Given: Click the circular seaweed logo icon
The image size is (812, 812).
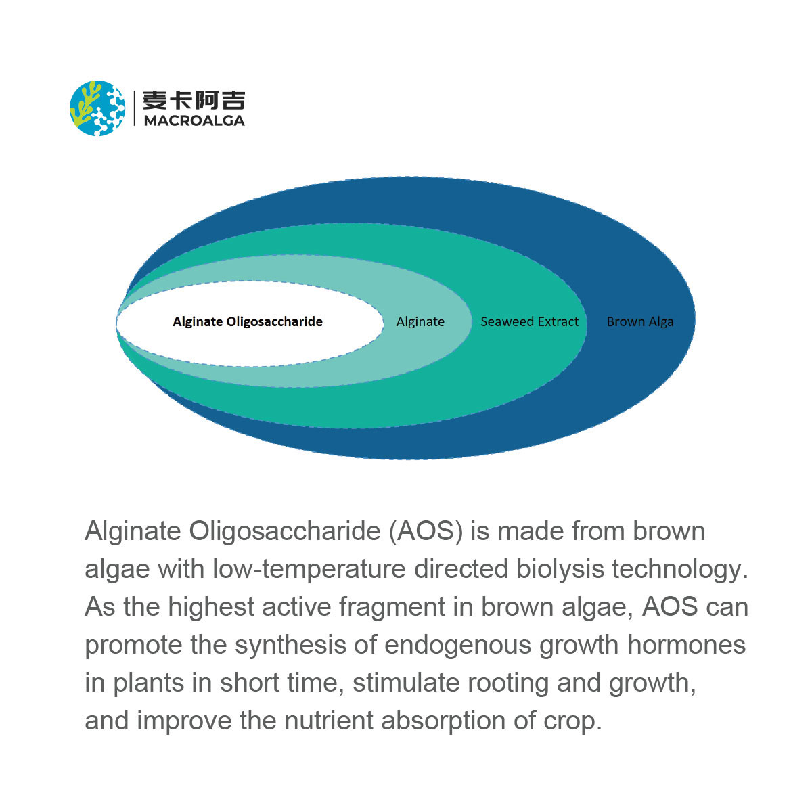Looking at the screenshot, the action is (x=97, y=108).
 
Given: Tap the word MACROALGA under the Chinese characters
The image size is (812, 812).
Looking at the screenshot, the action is (x=194, y=121).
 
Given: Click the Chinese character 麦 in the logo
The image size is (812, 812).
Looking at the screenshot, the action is (x=155, y=100).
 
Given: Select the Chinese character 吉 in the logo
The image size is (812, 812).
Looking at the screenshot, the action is (x=233, y=100).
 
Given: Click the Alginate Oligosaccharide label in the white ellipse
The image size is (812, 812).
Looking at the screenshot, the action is (x=248, y=322).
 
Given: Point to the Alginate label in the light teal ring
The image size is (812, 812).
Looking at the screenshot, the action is (x=420, y=322).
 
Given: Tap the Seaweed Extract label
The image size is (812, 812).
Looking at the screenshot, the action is (x=530, y=322).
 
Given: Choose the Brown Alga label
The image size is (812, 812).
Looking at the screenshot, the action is (x=640, y=322).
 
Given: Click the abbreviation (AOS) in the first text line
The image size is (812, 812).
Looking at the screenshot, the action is (x=426, y=531).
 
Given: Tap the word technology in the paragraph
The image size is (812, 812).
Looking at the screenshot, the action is (x=679, y=569).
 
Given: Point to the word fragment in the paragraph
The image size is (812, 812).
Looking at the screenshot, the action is (x=392, y=607).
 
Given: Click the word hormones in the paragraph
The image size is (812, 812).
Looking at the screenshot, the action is (x=686, y=645).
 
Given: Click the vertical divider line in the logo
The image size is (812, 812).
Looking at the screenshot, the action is (x=135, y=108).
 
